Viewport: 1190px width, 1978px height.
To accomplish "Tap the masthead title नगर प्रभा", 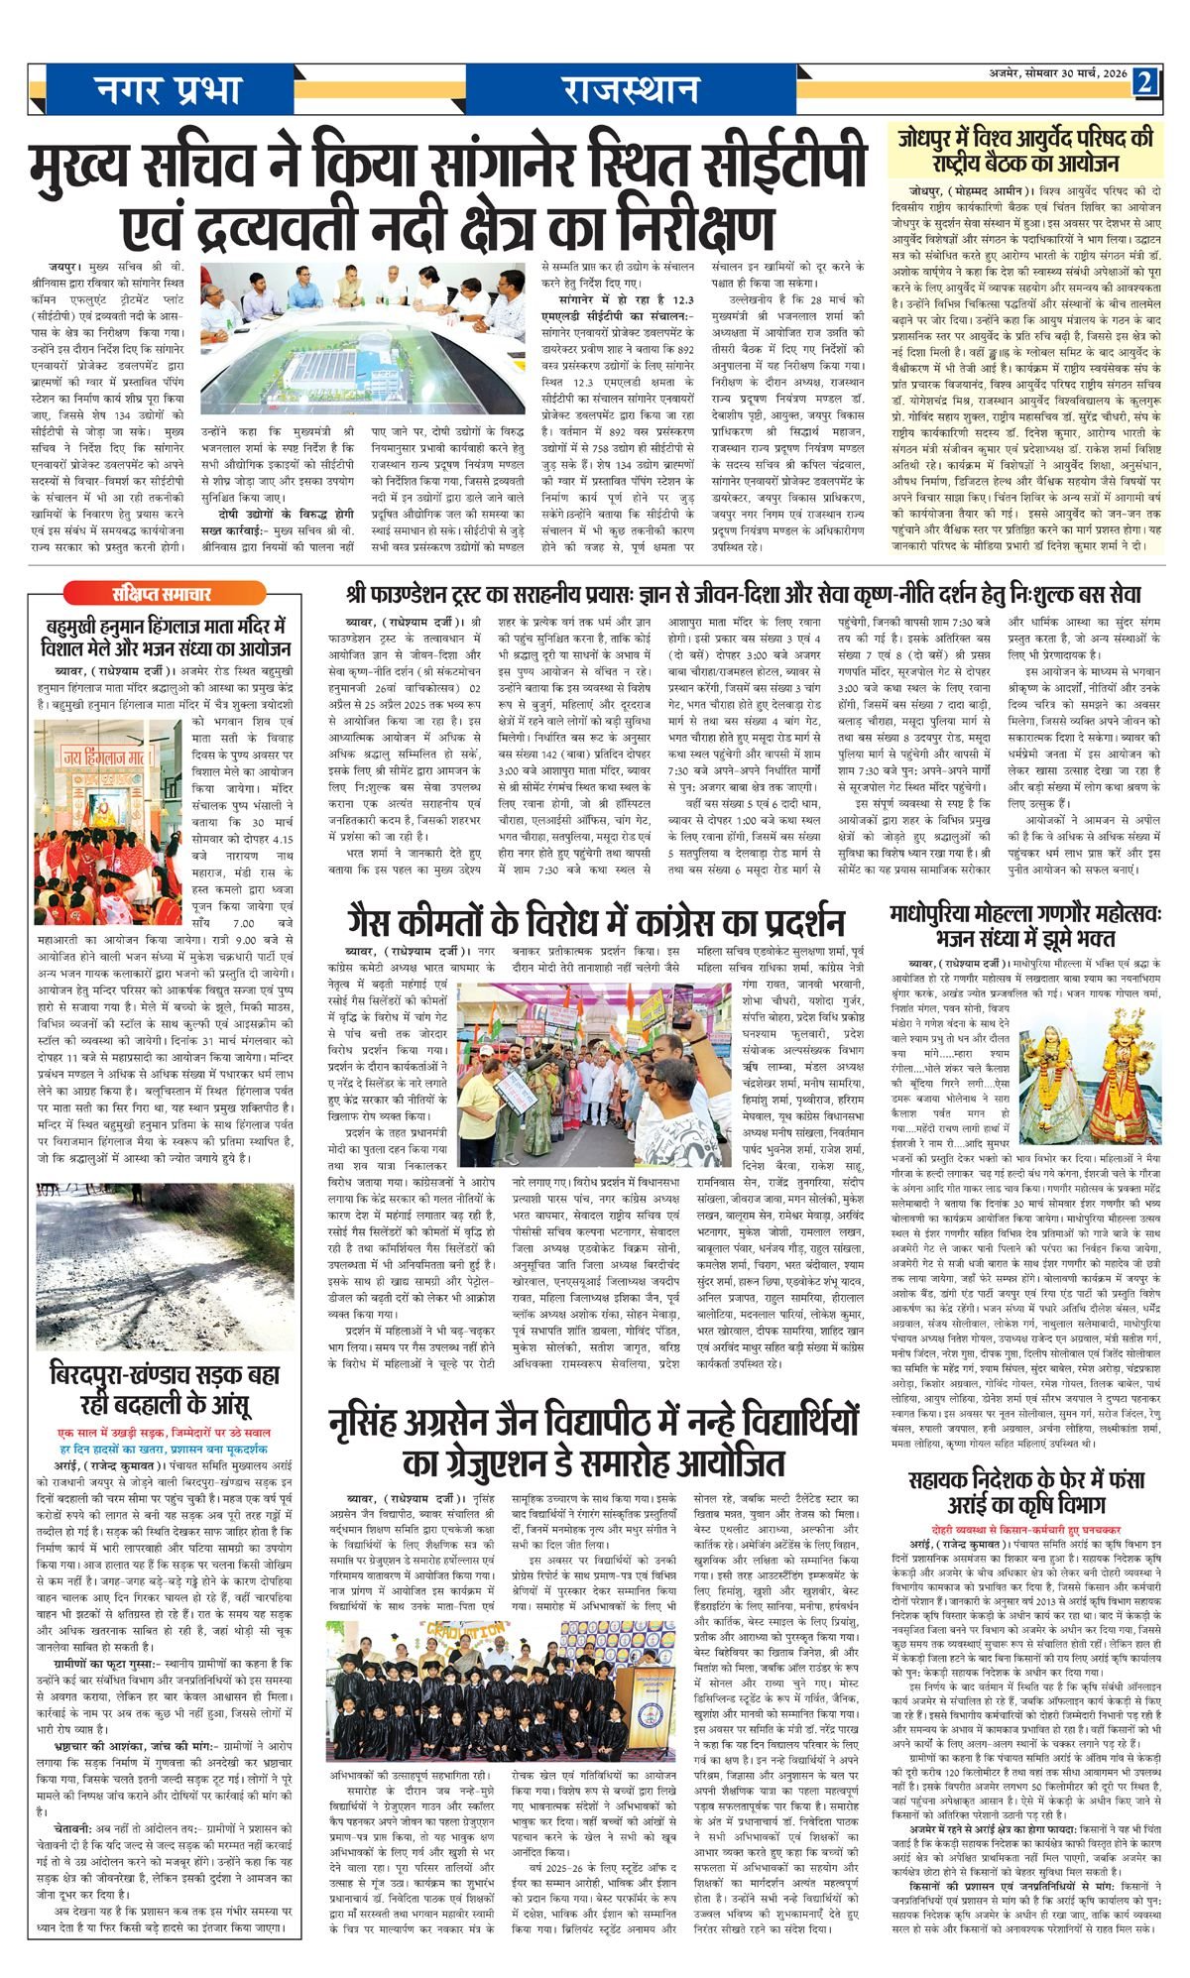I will pos(169,91).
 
